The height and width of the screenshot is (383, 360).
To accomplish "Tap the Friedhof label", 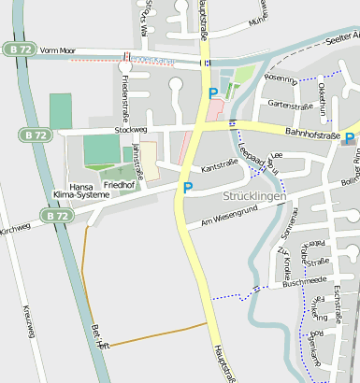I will click(x=119, y=186).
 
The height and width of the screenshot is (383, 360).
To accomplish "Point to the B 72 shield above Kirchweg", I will click(x=56, y=215).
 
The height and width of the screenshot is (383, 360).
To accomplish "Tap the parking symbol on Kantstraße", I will click(x=188, y=188).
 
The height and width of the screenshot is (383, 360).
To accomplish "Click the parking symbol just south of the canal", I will click(x=213, y=92).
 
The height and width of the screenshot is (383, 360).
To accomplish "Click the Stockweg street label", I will click(x=131, y=129).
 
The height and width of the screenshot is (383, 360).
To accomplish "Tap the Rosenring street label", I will click(x=281, y=78).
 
